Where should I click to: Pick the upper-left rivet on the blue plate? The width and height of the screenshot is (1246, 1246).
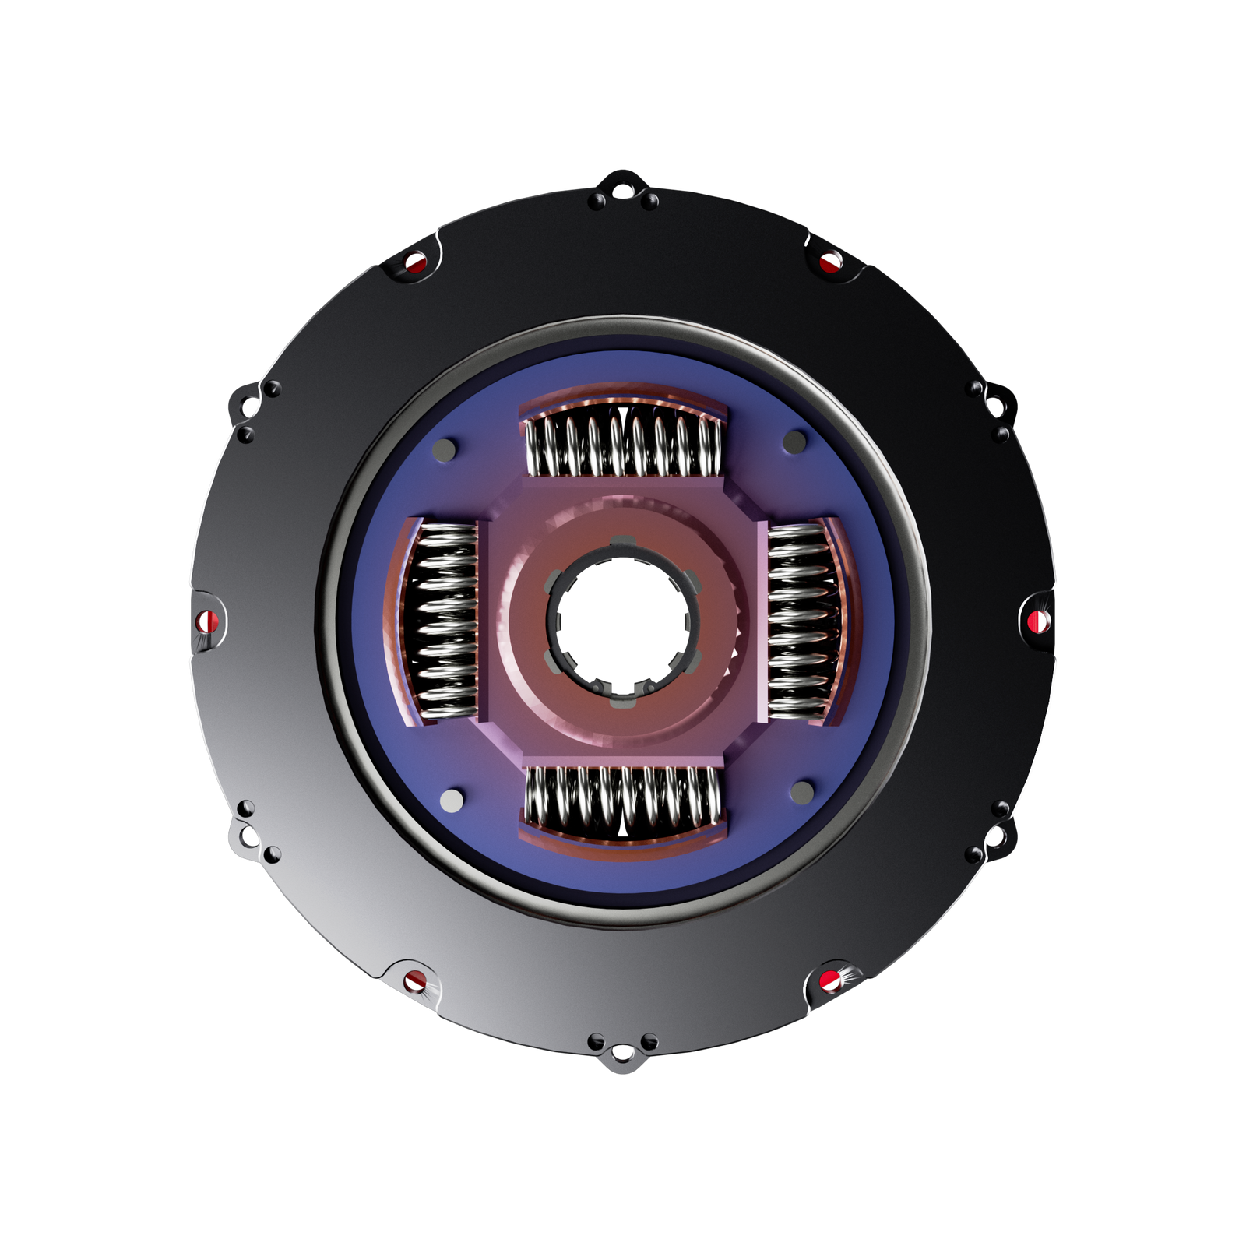click(x=446, y=450)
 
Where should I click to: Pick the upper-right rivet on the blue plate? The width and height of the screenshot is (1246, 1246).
click(x=794, y=442)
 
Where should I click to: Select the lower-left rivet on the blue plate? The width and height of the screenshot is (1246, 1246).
click(x=451, y=800)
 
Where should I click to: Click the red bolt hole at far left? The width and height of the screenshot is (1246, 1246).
click(x=206, y=621)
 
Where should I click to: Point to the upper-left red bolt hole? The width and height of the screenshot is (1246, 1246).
click(x=416, y=262)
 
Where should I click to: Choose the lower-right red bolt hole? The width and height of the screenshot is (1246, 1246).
click(x=831, y=980)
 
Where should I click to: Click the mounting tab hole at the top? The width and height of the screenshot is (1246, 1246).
click(x=622, y=187)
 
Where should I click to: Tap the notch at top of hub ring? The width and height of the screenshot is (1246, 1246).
click(x=621, y=541)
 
